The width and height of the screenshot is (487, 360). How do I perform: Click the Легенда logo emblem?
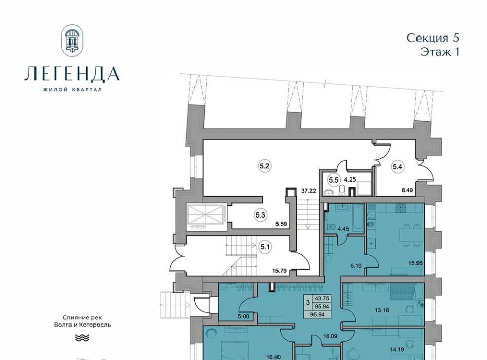pyautogui.click(x=72, y=41)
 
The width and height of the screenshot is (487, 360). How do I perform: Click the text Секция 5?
pyautogui.click(x=433, y=38)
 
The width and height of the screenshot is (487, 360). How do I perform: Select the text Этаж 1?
pyautogui.click(x=439, y=52)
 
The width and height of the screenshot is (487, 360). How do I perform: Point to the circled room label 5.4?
pyautogui.click(x=397, y=167)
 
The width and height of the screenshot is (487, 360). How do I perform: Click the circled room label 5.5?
pyautogui.click(x=334, y=179)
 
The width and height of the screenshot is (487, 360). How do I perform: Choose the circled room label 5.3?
pyautogui.click(x=260, y=214)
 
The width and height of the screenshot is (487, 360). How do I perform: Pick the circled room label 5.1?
pyautogui.click(x=265, y=247)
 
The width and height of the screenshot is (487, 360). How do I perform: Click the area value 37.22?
pyautogui.click(x=308, y=191)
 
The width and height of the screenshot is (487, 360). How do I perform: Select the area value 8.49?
pyautogui.click(x=407, y=190)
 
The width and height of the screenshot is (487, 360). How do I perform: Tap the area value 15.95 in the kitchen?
pyautogui.click(x=415, y=263)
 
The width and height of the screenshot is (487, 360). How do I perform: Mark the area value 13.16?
pyautogui.click(x=381, y=310)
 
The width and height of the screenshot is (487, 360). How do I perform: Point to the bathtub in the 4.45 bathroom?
pyautogui.click(x=359, y=218)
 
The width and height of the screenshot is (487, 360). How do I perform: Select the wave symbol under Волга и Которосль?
pyautogui.click(x=82, y=338)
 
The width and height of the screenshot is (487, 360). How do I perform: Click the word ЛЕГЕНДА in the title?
pyautogui.click(x=72, y=74)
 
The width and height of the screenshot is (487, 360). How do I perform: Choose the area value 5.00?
pyautogui.click(x=243, y=317)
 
